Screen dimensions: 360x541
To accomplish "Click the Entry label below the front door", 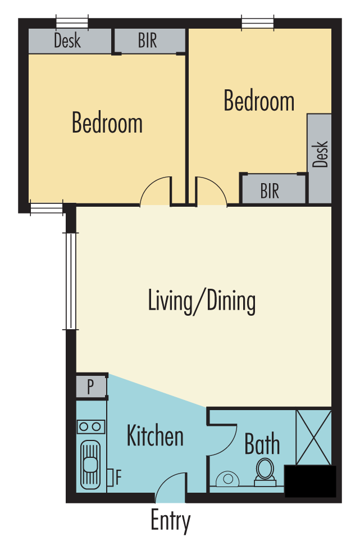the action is (170, 521).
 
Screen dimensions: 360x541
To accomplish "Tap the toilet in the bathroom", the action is (265, 472).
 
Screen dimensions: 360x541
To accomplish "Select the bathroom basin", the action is (228, 479).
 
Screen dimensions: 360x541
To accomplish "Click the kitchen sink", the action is (90, 464).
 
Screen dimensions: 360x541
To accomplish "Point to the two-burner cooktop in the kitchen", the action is (90, 427).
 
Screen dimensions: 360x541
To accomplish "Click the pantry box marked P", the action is (91, 387).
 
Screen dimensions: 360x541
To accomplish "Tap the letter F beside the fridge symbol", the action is (119, 478).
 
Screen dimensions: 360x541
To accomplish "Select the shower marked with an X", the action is (313, 437).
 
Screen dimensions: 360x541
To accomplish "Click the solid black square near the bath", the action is (310, 481).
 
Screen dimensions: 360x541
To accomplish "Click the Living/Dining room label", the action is (202, 302).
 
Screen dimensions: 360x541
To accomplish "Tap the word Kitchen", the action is (155, 435).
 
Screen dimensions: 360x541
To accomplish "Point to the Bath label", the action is (262, 444).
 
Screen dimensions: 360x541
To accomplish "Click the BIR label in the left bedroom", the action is (148, 40).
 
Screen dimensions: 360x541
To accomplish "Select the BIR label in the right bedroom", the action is (270, 191).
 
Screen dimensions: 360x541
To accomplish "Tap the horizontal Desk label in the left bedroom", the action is (67, 40).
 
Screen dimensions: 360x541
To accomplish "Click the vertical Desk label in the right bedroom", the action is (320, 154).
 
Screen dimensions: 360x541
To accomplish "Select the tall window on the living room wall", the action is (70, 281).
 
